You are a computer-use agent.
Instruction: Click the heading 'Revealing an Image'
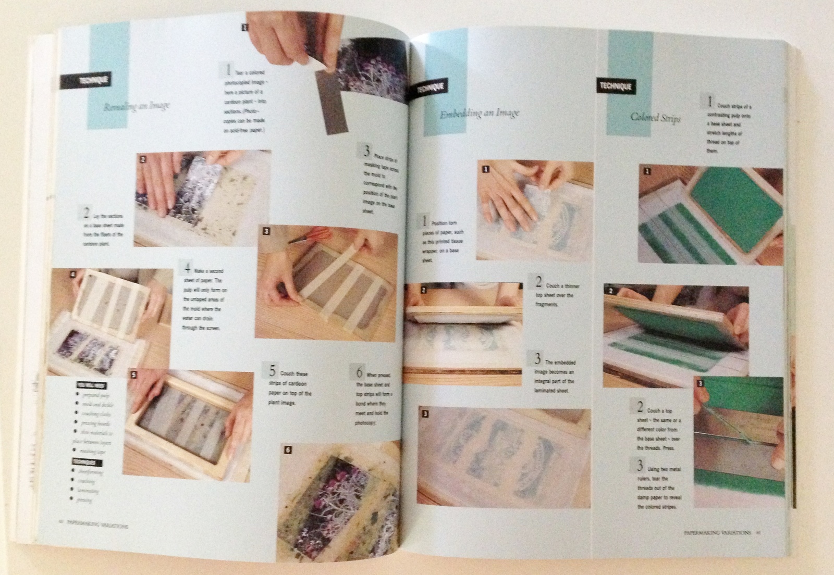tap(137, 106)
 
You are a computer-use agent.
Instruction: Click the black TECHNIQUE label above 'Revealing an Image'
tap(87, 80)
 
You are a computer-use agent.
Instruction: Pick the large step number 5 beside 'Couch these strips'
tap(272, 371)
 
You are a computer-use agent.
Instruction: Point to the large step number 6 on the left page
tap(359, 372)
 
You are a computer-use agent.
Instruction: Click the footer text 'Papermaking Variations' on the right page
tap(716, 532)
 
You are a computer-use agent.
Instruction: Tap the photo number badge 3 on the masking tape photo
tap(266, 231)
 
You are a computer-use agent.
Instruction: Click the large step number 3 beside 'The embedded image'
tap(537, 358)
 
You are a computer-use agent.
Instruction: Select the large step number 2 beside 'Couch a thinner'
tap(539, 282)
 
